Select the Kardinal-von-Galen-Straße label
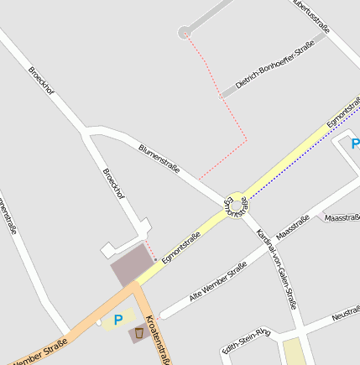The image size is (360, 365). click(277, 268)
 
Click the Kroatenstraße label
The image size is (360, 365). click(157, 339)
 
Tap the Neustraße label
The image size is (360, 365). click(346, 314)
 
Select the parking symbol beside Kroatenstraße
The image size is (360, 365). click(118, 319)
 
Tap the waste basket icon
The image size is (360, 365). click(138, 333)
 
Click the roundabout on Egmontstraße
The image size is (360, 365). click(236, 204)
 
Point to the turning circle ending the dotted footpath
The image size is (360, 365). click(184, 33)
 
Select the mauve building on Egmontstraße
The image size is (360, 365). click(130, 268)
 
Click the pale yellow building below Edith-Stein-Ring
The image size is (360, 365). click(293, 352)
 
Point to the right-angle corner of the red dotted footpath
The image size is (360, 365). click(246, 137)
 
